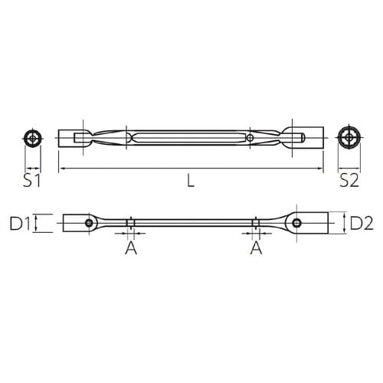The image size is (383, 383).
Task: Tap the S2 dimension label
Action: [x=349, y=182]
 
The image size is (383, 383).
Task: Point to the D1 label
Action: [x=21, y=224]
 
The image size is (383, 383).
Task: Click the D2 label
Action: [x=361, y=224]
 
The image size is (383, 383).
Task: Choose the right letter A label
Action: [x=255, y=250]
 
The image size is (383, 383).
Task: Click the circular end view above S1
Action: [x=32, y=139]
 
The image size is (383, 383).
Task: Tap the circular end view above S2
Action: [x=349, y=139]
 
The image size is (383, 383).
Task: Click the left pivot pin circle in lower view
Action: [x=90, y=224]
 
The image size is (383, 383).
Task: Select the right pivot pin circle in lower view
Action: [x=294, y=224]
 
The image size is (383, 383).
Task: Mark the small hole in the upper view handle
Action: [x=250, y=139]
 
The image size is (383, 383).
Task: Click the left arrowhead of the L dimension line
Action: [x=61, y=168]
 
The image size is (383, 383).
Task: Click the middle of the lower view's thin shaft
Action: [x=191, y=224]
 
